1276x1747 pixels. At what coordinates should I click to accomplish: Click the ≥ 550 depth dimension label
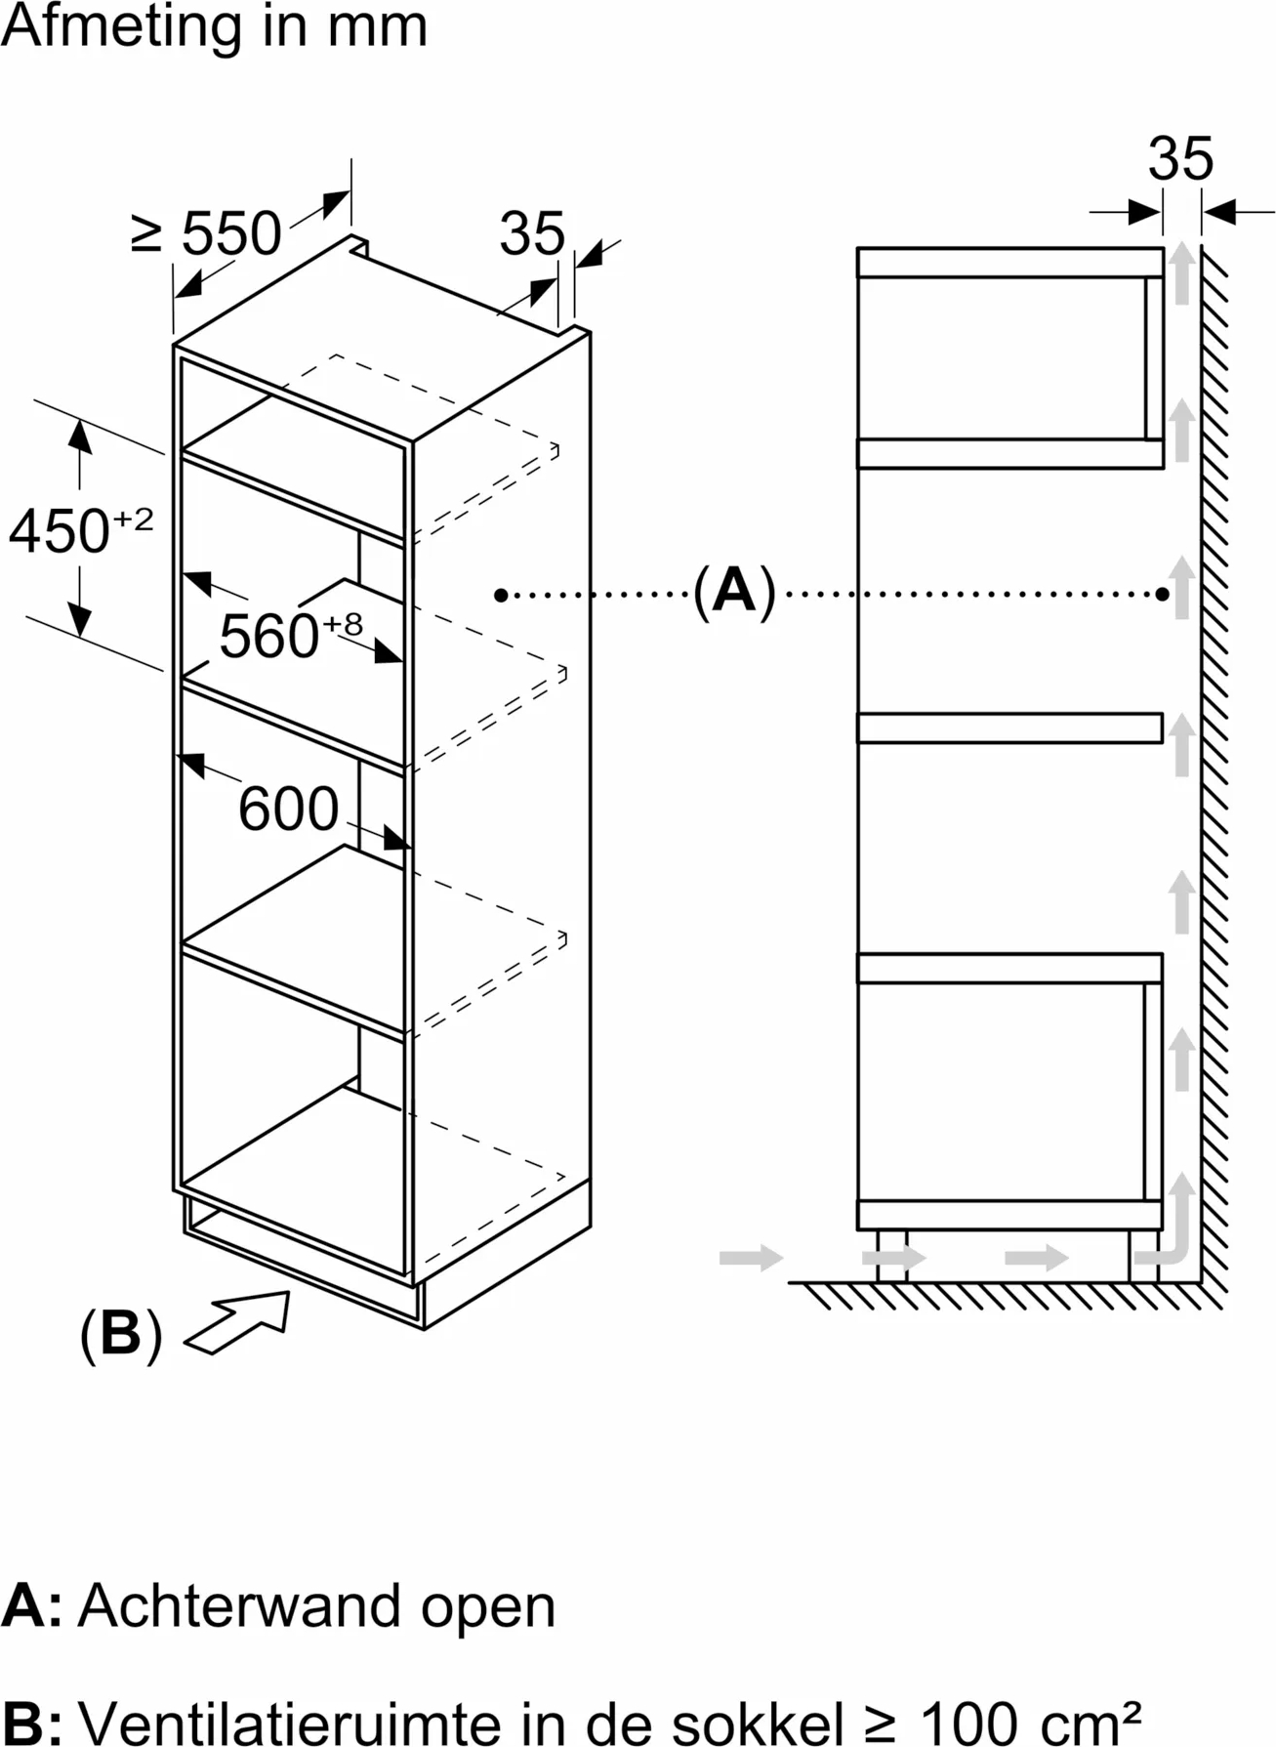click(206, 232)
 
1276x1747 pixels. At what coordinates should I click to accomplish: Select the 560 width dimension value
click(268, 637)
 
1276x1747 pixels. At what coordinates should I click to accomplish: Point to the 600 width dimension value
click(288, 809)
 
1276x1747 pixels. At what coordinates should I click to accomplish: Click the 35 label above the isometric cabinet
click(532, 233)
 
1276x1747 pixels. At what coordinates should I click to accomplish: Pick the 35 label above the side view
click(1180, 158)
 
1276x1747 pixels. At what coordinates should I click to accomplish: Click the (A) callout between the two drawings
click(734, 591)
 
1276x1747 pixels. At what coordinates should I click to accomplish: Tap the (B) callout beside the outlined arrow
click(120, 1333)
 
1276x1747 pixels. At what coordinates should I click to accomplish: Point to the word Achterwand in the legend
click(239, 1605)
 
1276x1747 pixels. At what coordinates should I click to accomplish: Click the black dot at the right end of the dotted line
click(1162, 594)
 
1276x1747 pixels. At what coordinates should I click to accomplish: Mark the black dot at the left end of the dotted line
click(501, 595)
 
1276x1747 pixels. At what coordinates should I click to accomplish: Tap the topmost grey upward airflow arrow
click(1182, 272)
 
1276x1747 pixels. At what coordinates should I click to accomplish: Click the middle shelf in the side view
click(1009, 728)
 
